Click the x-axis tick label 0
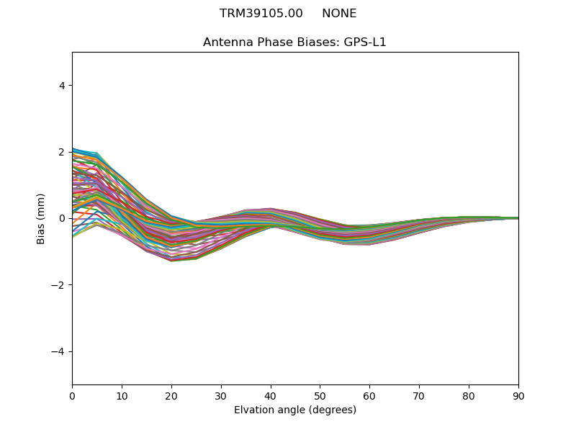[72, 395]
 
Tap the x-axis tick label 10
[122, 395]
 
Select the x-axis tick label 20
[171, 395]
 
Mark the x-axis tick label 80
[469, 395]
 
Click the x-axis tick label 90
[518, 395]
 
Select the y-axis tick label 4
[62, 86]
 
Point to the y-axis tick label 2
[62, 152]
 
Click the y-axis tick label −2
[59, 285]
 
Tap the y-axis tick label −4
[59, 351]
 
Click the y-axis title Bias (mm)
[41, 218]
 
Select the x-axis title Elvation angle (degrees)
[295, 410]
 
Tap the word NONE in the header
[339, 14]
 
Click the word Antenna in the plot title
[227, 42]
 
